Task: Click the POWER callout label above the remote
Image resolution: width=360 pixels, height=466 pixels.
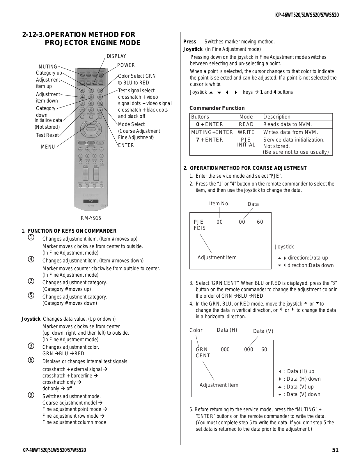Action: (126, 65)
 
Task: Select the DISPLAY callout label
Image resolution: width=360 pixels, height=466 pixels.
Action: (116, 56)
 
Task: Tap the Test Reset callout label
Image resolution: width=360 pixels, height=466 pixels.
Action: (47, 135)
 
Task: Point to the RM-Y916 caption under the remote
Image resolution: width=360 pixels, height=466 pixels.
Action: (91, 218)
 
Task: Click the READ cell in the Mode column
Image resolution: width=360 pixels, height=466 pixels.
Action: (246, 124)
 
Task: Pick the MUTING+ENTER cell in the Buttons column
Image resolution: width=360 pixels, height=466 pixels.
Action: (212, 132)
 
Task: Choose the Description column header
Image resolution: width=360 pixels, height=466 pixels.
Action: (277, 117)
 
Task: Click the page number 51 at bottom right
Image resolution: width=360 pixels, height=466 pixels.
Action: (335, 450)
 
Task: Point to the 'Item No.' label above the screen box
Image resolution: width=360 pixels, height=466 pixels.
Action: (219, 204)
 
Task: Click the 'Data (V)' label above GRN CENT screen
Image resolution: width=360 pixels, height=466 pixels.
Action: (263, 331)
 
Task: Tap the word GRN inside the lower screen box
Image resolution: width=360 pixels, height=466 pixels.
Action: (202, 349)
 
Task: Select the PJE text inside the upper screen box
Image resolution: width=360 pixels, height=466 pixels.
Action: (198, 222)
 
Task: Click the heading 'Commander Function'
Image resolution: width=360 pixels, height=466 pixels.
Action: (217, 108)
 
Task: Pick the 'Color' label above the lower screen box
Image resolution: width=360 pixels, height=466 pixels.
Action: (196, 330)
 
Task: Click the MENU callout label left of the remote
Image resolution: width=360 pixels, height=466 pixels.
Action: (48, 147)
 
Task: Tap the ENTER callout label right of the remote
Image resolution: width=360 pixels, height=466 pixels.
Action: (126, 145)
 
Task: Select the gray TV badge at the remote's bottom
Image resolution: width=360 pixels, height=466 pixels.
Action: (91, 201)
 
